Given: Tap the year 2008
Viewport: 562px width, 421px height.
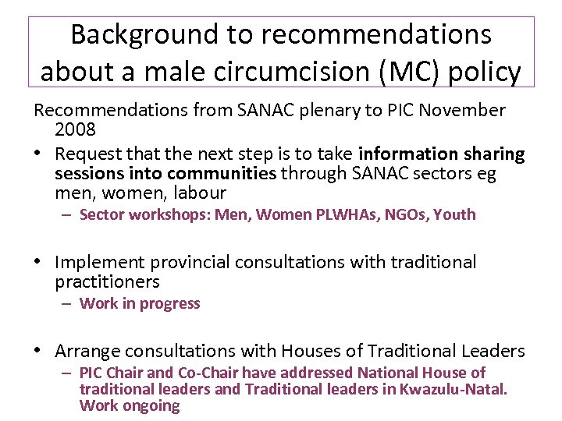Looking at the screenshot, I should [75, 127].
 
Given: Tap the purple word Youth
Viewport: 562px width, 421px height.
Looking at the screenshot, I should [454, 214].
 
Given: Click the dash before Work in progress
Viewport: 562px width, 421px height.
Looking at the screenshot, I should [69, 304].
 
